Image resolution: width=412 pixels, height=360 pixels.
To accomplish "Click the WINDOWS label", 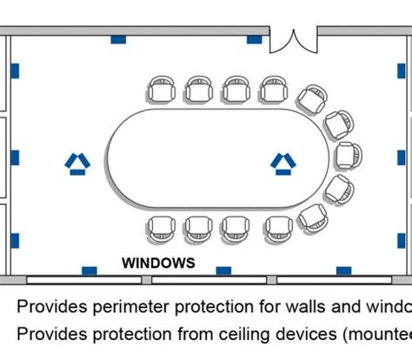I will [158, 262].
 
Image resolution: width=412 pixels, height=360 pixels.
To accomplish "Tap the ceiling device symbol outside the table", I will [76, 163].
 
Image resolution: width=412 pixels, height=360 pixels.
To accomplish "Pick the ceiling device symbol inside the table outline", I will [282, 163].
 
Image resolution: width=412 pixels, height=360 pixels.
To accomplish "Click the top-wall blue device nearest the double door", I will [254, 39].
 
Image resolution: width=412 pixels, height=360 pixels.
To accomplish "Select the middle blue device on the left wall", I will [14, 157].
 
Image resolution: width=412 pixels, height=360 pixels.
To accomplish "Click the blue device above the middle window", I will [223, 271].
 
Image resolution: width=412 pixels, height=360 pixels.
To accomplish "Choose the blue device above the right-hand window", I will [344, 271].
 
